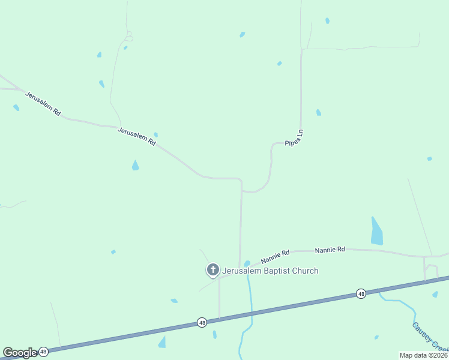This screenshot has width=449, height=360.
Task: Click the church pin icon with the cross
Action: [212, 270]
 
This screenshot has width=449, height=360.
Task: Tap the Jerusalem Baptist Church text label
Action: [270, 271]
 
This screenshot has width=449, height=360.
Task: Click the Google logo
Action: [20, 353]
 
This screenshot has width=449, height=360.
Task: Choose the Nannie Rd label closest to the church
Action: [275, 257]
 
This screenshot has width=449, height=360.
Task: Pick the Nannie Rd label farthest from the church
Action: [330, 249]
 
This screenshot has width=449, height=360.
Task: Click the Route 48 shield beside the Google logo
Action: [43, 352]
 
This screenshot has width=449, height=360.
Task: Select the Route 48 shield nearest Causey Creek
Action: [360, 293]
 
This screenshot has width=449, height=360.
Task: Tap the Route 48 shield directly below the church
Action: [202, 323]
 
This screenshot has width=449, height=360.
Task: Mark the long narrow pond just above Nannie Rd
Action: [376, 232]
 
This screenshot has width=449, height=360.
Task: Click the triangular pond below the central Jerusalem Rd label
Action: [135, 166]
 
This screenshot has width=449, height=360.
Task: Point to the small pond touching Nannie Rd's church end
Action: [247, 263]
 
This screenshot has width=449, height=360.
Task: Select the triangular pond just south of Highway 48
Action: [161, 342]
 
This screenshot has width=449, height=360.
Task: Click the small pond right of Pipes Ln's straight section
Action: [318, 112]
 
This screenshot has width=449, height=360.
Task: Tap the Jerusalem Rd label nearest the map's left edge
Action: [42, 103]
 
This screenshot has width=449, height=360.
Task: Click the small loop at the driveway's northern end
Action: [128, 37]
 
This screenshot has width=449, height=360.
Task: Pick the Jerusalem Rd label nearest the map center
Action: [137, 136]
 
